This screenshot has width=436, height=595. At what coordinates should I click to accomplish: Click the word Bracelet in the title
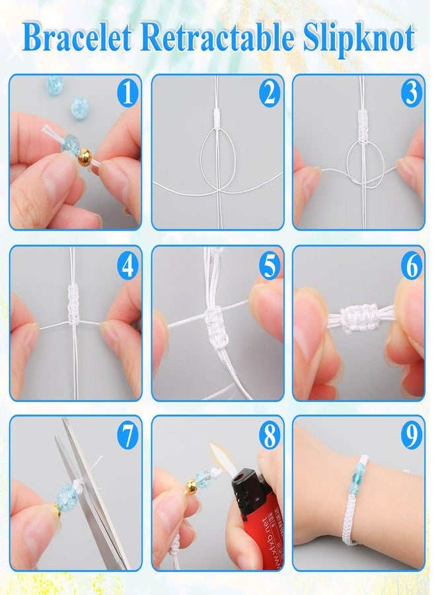pos(77,37)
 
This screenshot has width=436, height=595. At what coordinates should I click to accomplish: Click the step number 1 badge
pos(127,93)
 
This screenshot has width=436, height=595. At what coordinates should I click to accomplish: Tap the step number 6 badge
pos(412,266)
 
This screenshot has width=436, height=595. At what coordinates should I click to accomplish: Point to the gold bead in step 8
pos(192,485)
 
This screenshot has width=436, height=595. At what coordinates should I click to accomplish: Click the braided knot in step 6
pos(358,317)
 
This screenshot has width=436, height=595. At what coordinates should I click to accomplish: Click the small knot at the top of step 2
pos(217,118)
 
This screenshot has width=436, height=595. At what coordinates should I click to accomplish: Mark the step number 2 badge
pos(270,93)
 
